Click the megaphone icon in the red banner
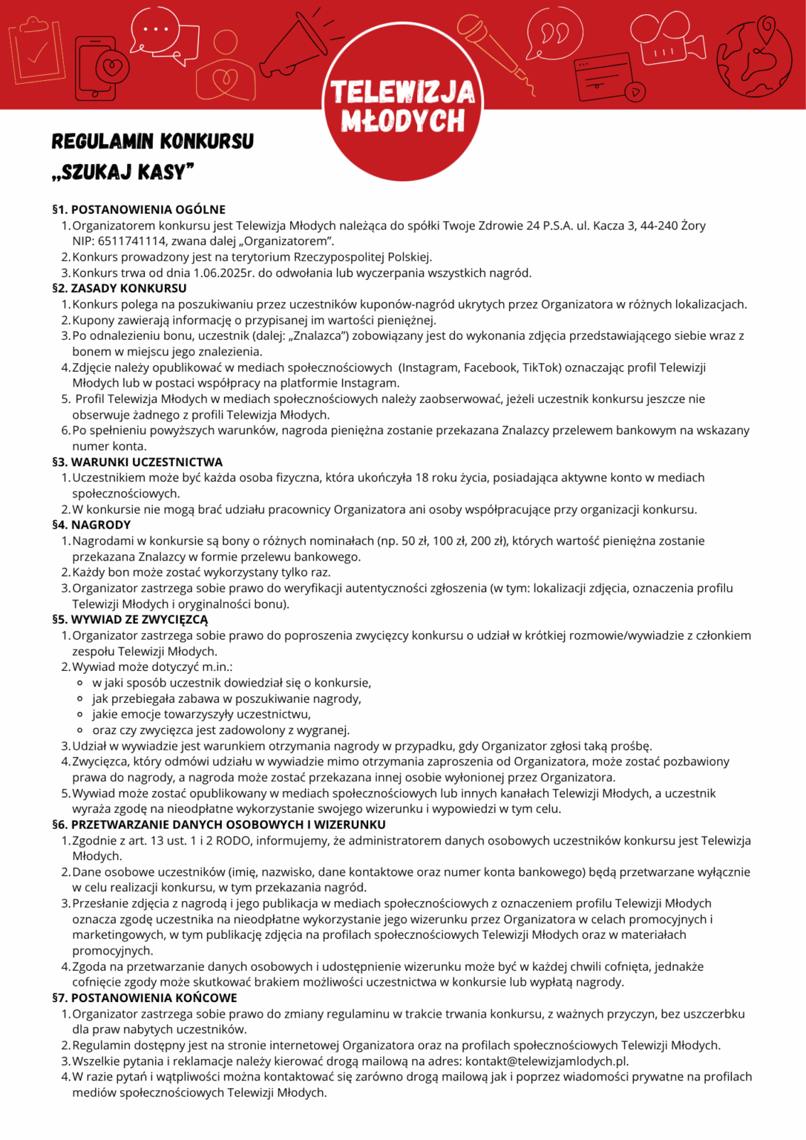(x=295, y=46)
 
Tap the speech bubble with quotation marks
(x=554, y=33)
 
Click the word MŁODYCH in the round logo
(x=403, y=121)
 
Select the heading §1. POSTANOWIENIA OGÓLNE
(x=139, y=209)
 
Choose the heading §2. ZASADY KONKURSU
(x=119, y=288)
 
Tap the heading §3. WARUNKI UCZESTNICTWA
(x=137, y=462)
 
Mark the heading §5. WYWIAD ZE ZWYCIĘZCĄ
(x=130, y=619)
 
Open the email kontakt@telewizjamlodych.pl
(x=547, y=1061)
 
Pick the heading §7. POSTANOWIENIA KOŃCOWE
(x=145, y=997)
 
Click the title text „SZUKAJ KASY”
(x=123, y=173)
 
